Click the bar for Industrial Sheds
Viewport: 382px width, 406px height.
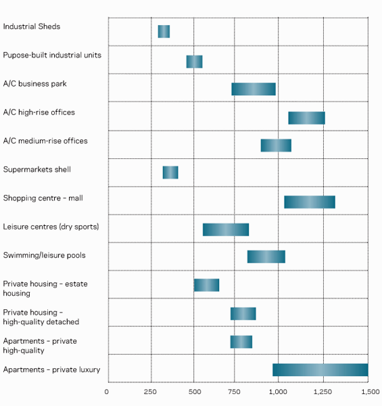164,31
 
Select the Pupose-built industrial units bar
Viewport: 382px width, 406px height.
194,62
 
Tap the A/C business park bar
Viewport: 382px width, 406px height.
254,89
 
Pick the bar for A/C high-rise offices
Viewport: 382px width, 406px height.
306,118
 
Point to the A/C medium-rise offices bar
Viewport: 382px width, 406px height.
276,145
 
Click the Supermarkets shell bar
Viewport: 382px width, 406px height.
170,173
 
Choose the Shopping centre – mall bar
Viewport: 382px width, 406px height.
310,202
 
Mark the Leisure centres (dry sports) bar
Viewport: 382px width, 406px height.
226,229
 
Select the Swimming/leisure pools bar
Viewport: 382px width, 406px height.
266,256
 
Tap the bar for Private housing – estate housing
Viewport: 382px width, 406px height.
206,285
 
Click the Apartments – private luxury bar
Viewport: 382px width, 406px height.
320,369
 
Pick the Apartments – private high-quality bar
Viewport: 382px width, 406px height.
241,342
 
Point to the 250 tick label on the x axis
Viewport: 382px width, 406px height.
150,392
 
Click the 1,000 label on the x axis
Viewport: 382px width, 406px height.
278,392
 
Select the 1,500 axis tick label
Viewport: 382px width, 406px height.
371,392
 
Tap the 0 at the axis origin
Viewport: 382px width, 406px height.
107,392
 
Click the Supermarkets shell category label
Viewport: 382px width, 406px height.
37,169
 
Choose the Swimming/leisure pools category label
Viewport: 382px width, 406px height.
44,255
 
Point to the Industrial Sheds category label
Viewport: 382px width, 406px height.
32,26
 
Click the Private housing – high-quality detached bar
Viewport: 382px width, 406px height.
243,313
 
